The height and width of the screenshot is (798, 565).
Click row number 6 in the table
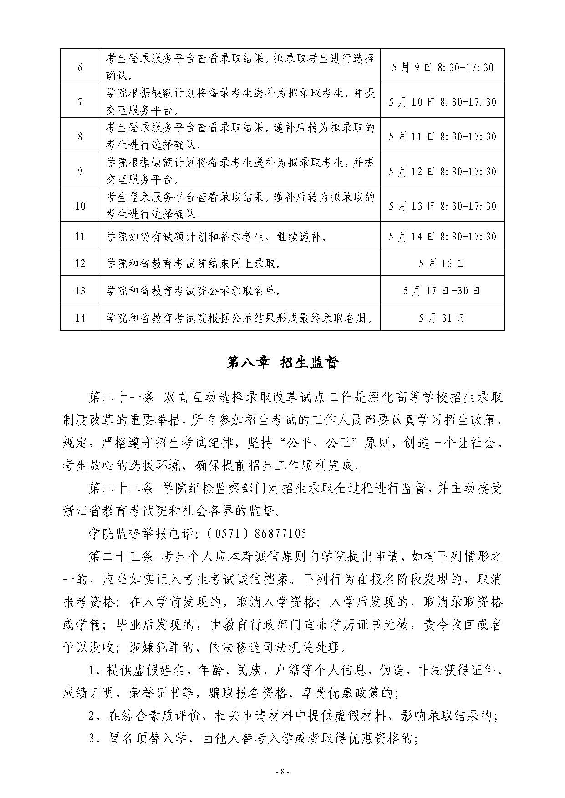(80, 67)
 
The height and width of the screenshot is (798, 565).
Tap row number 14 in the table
(80, 318)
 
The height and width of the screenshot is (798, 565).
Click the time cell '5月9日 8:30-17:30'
(442, 67)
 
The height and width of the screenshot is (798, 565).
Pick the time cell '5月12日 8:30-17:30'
(442, 172)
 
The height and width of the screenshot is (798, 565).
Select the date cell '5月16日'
(442, 263)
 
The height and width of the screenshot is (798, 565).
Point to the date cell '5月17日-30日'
(442, 290)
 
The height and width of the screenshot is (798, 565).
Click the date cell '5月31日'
(442, 318)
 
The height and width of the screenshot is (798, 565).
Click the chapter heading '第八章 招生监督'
(283, 363)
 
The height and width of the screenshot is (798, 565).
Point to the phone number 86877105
(278, 533)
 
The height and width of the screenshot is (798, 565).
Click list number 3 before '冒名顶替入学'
(92, 739)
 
